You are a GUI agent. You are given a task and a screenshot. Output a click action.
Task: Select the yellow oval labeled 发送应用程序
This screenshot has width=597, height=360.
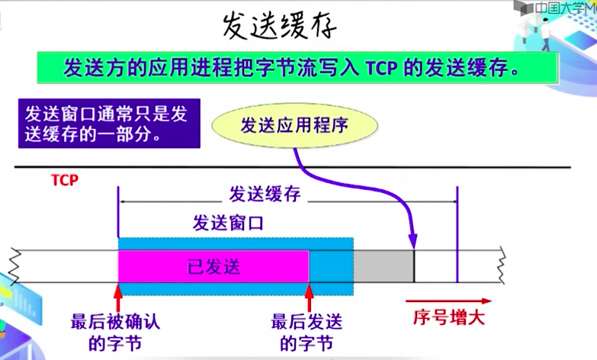294,125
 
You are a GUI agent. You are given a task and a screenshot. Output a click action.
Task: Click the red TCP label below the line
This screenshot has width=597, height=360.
65,181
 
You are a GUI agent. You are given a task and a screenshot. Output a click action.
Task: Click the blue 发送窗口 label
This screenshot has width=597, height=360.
228,223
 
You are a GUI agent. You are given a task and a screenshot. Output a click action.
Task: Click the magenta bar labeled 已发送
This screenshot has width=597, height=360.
213,266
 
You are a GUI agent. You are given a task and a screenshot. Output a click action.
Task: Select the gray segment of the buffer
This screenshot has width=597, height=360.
384,266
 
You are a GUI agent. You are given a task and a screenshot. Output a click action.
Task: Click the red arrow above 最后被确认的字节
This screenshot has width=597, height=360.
118,296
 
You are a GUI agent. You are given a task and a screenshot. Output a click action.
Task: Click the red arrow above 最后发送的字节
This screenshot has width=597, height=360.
309,296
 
